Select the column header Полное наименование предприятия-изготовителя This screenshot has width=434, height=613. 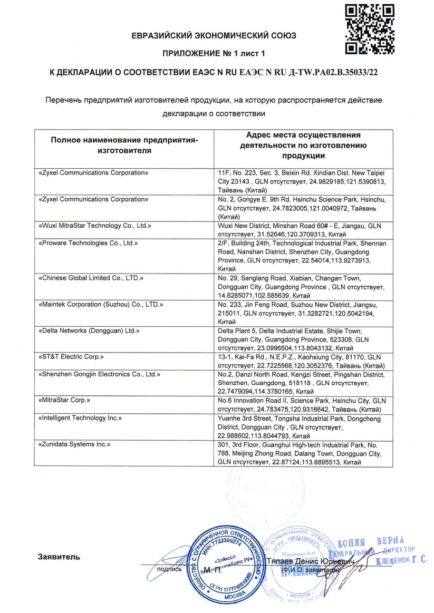tap(124, 145)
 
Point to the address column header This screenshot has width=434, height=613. tap(303, 145)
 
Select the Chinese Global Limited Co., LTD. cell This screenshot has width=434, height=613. tap(91, 277)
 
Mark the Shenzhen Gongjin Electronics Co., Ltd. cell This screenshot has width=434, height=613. tap(100, 374)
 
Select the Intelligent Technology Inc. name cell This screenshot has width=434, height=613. tap(81, 418)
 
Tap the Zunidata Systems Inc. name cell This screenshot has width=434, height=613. tap(75, 444)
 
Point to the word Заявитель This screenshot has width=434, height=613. tap(59, 557)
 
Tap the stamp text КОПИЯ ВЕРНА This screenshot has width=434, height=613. tap(371, 542)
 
